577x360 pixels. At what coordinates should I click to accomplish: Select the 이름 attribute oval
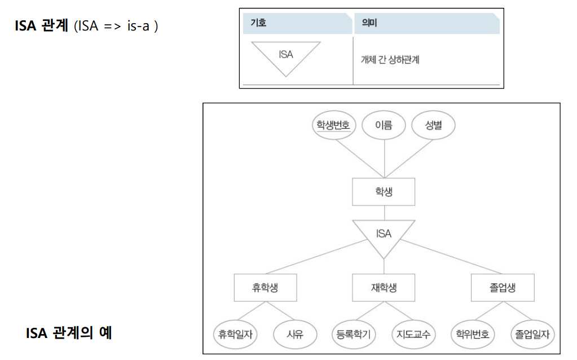(384, 125)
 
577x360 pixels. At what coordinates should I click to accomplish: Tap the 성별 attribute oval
(433, 125)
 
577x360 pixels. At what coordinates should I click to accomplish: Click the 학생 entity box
(384, 192)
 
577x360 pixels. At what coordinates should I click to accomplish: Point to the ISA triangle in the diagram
(384, 234)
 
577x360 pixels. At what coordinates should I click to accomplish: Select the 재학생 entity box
(384, 288)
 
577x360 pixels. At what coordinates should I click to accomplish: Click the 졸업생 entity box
(502, 288)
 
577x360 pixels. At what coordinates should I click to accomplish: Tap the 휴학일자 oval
(235, 335)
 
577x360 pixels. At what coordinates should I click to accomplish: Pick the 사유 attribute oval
(294, 335)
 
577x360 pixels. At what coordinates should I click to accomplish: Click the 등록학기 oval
(353, 335)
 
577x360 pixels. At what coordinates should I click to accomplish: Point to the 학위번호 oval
(473, 335)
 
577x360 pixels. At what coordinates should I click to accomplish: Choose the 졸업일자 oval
(532, 335)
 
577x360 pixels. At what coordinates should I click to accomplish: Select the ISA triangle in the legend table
(286, 56)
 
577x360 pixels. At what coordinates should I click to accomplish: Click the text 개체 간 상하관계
(390, 60)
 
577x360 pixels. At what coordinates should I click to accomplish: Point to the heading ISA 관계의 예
(69, 333)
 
